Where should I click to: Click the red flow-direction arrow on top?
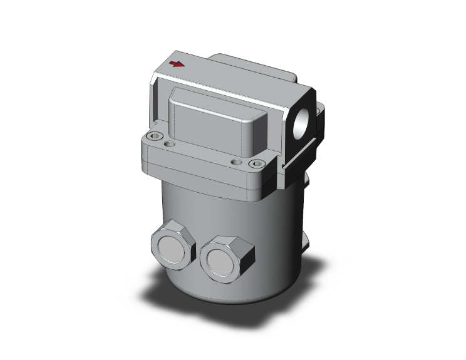[x=179, y=64]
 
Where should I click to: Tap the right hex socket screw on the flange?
[x=255, y=165]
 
